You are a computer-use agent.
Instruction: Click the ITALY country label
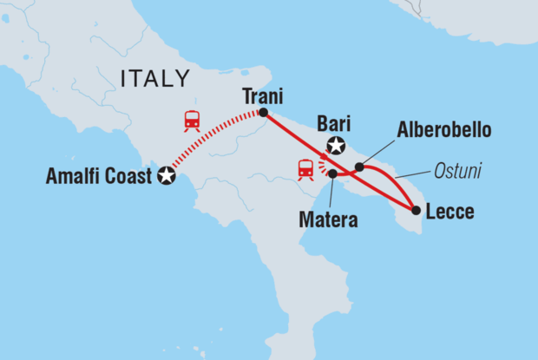click(x=155, y=79)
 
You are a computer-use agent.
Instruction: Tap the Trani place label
click(x=264, y=96)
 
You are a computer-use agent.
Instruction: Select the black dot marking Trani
click(x=263, y=113)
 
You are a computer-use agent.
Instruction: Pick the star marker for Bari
click(x=335, y=146)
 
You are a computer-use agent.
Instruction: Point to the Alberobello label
click(x=443, y=130)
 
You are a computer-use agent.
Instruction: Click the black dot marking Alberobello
click(x=359, y=167)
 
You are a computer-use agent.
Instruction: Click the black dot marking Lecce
click(x=416, y=209)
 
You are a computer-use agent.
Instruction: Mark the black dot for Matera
click(x=332, y=174)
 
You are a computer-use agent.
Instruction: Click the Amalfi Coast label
click(x=98, y=178)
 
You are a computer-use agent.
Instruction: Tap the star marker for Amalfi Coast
click(x=167, y=177)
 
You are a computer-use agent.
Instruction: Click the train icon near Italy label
click(x=192, y=121)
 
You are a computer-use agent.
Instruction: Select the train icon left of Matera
click(x=305, y=169)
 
